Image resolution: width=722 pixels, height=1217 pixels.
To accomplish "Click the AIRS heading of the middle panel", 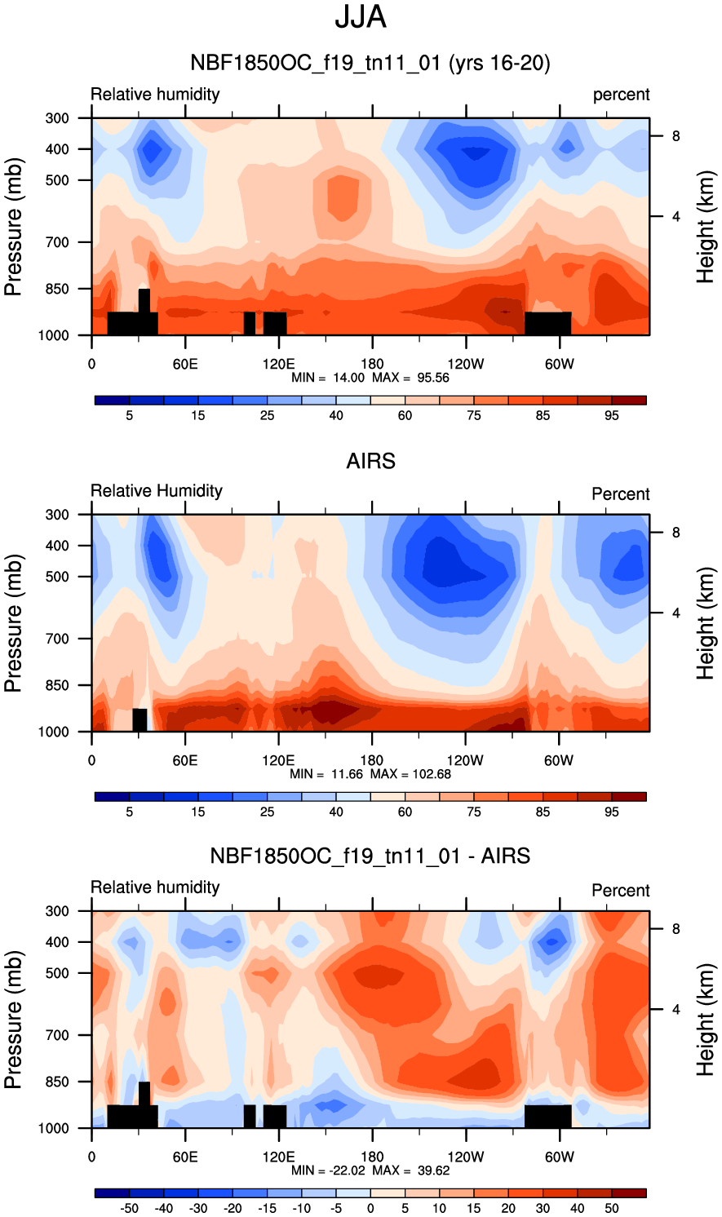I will coord(370,461).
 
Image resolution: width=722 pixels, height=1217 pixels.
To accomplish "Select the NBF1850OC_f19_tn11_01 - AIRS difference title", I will coord(370,856).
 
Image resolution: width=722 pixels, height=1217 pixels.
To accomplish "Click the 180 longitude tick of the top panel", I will coord(372,365).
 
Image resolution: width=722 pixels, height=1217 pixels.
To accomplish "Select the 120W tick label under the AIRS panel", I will coord(465,761).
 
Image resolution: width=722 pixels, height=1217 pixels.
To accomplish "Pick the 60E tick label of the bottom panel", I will coord(185,1157).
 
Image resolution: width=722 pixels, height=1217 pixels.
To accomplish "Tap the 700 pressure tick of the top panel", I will coord(57,242).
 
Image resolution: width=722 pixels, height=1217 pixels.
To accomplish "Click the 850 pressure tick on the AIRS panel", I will coord(57,686).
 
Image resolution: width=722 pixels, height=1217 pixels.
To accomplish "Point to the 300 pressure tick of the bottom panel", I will coord(57,911).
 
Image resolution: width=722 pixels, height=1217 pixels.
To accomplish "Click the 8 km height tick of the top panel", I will coord(675,136).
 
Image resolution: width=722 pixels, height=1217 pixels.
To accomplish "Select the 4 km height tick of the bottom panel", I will coord(675,1010).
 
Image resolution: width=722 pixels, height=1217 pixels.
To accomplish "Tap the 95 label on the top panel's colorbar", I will coord(612,416).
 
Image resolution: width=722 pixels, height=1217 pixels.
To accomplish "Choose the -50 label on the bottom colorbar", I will coord(129,1209).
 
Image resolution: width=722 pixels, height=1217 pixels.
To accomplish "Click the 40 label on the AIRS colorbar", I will coord(336,812).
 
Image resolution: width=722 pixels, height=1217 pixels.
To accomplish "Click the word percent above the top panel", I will coord(621,95).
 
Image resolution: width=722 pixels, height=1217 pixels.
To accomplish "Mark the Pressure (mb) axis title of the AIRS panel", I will coord(13,623).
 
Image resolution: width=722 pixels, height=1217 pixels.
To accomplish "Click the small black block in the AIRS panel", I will coord(140,720).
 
